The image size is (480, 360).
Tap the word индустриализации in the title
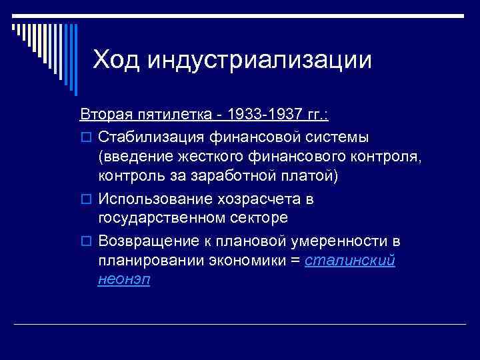[259, 60]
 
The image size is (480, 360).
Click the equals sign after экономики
[295, 261]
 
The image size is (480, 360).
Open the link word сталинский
[349, 261]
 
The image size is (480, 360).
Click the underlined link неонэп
[124, 281]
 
